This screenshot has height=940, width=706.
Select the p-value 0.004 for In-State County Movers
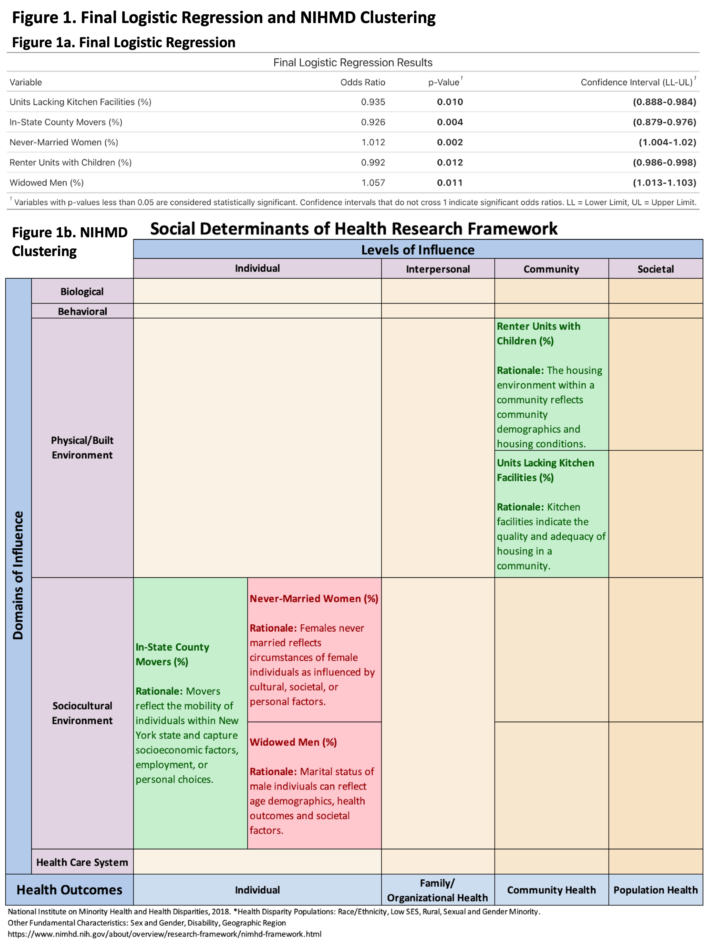[450, 122]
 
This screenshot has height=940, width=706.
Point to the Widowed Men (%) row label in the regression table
[46, 183]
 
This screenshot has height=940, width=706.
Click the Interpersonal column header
[438, 269]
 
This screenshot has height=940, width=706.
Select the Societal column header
[655, 269]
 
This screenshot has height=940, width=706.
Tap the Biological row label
[82, 292]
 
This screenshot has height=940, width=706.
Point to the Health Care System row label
[82, 862]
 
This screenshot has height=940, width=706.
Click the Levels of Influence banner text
[418, 250]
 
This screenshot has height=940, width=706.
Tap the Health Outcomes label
[69, 890]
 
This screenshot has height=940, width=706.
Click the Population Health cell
[655, 890]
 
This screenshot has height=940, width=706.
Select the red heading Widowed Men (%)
[293, 742]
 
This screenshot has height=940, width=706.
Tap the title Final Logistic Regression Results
[353, 63]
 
